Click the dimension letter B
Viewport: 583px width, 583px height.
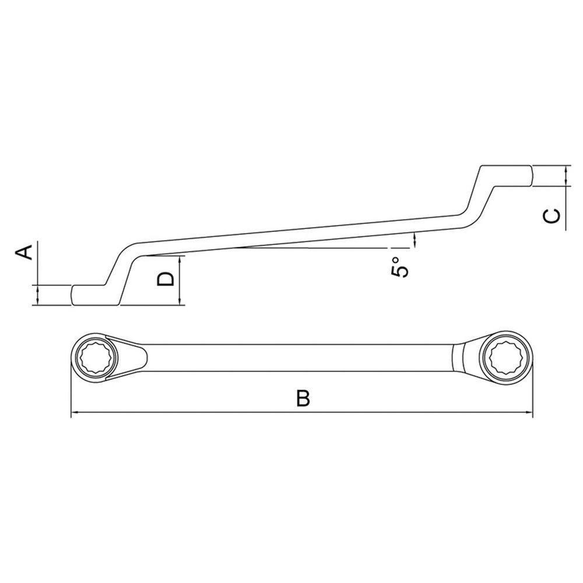[x=302, y=399]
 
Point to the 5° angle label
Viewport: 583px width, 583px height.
[x=398, y=267]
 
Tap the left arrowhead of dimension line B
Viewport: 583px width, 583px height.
[x=75, y=414]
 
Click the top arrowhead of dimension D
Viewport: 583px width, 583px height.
[x=182, y=259]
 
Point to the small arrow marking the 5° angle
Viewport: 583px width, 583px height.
[x=415, y=239]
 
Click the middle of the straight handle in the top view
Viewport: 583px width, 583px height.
[x=297, y=356]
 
